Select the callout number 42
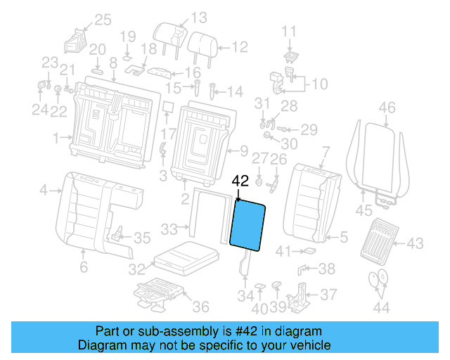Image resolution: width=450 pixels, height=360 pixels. [x=240, y=180]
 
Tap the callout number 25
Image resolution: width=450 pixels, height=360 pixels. [x=103, y=20]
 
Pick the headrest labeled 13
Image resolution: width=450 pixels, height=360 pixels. [x=172, y=36]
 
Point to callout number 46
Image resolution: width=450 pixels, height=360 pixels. [x=387, y=108]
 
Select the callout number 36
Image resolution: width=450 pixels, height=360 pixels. [x=200, y=307]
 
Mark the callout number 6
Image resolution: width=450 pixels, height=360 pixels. [x=83, y=267]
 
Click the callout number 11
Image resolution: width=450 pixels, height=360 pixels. [x=290, y=31]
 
